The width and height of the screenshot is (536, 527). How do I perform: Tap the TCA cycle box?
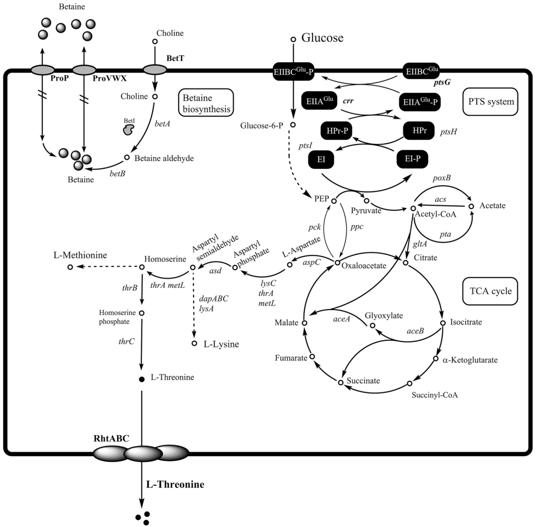pyautogui.click(x=488, y=291)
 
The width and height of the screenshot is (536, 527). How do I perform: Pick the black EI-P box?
pyautogui.click(x=412, y=159)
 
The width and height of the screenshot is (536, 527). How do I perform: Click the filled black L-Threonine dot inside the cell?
pyautogui.click(x=142, y=379)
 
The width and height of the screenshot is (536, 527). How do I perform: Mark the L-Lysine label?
pyautogui.click(x=221, y=344)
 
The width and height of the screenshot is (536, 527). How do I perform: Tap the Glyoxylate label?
pyautogui.click(x=382, y=315)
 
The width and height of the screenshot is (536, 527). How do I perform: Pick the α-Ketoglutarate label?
pyautogui.click(x=472, y=360)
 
